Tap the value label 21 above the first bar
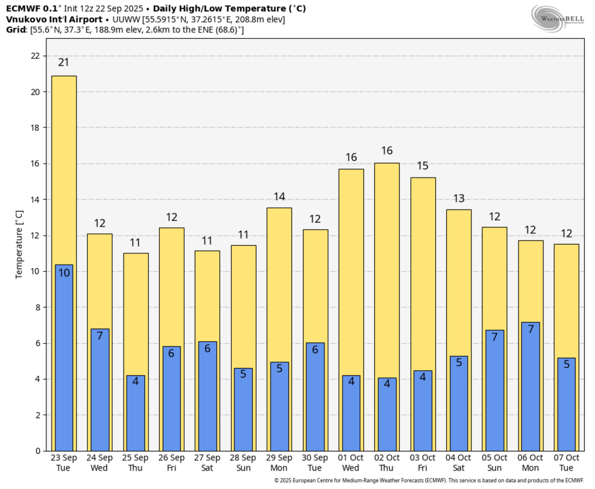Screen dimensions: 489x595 click(64, 62)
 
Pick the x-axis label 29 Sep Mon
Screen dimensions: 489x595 click(279, 463)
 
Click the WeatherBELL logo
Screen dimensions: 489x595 click(557, 18)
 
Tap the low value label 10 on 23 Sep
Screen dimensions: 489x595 click(64, 273)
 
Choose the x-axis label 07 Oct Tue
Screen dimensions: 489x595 click(566, 463)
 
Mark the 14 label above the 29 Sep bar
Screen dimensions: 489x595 click(279, 197)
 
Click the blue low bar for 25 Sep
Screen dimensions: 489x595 click(136, 413)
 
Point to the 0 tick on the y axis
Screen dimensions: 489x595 click(39, 451)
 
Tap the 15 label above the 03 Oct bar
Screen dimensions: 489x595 click(423, 166)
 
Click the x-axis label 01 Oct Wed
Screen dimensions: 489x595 click(351, 463)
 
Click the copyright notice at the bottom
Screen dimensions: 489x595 click(429, 481)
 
